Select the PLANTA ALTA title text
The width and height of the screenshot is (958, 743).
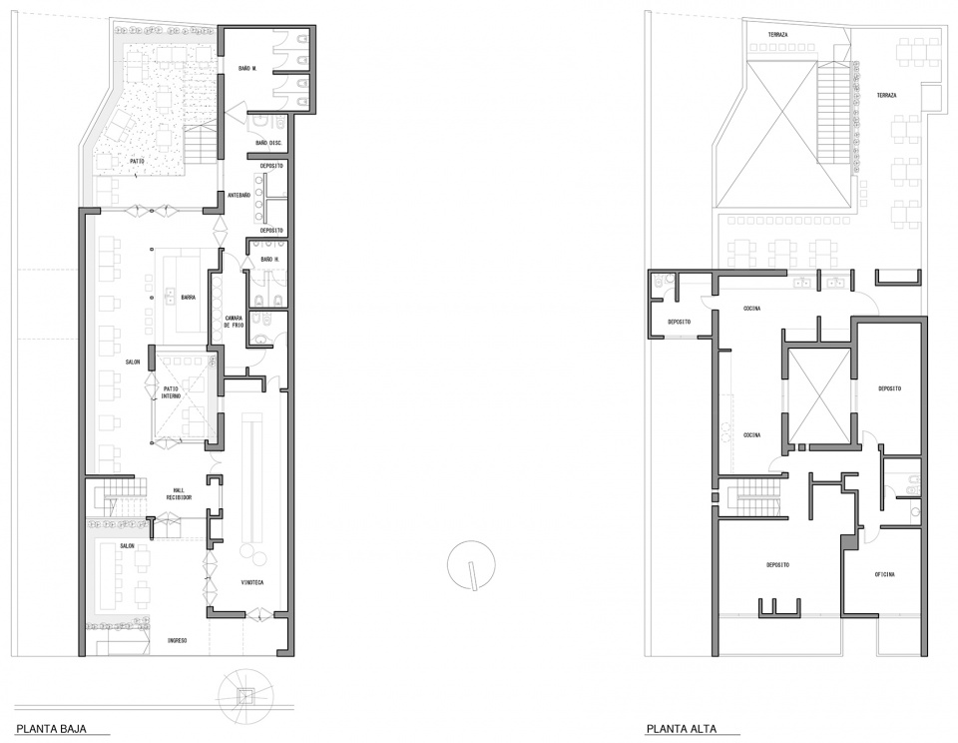click(x=681, y=729)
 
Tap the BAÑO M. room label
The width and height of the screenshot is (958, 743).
click(x=248, y=68)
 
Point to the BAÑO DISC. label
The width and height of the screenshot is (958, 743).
click(x=269, y=143)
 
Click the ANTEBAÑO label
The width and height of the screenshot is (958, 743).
click(x=239, y=194)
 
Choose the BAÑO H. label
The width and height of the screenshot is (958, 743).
click(x=267, y=260)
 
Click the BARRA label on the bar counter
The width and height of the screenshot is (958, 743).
click(x=188, y=297)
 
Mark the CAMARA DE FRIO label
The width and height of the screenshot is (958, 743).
click(x=234, y=322)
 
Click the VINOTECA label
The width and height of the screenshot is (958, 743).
click(x=253, y=582)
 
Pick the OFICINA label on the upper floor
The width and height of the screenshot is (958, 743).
click(x=884, y=574)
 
